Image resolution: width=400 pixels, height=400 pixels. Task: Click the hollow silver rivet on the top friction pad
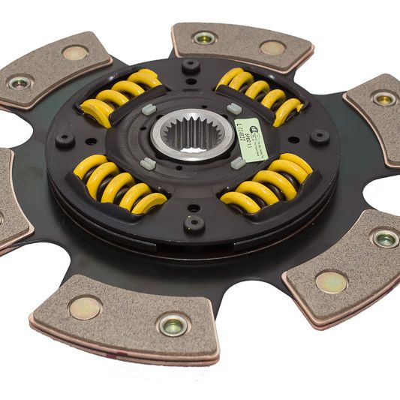click(204, 37)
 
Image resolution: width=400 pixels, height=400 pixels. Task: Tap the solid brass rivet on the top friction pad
click(272, 47)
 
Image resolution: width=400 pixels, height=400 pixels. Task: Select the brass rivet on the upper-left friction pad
click(74, 53)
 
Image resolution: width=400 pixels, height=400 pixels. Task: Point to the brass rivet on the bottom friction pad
click(85, 307)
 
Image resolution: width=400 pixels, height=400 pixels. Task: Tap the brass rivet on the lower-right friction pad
click(330, 281)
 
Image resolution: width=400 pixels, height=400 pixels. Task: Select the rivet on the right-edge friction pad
click(383, 98)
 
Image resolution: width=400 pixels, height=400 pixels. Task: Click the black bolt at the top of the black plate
click(190, 66)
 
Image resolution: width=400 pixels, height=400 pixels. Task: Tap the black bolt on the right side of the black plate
click(321, 137)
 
